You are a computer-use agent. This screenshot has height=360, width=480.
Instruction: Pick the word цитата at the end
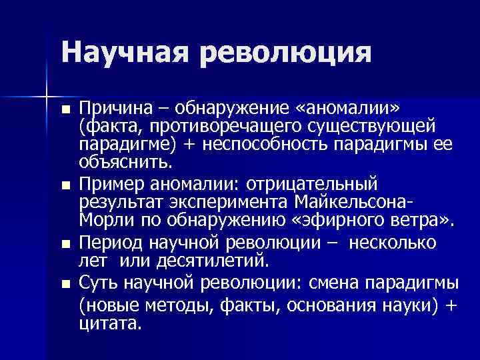(x=110, y=325)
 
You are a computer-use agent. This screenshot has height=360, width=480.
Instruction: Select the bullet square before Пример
(x=64, y=183)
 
